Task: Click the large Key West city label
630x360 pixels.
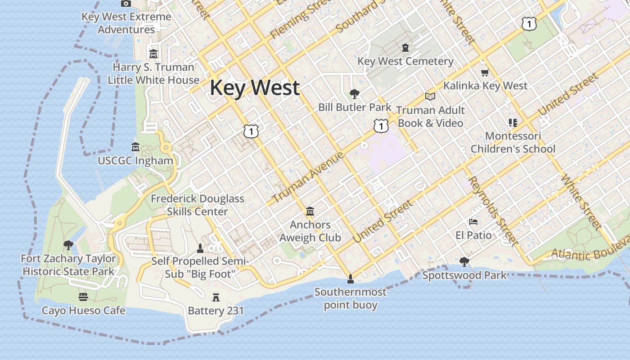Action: (255, 88)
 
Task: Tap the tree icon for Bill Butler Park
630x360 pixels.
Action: (355, 94)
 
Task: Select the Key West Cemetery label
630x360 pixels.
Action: (405, 61)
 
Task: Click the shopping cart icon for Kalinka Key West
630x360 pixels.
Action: (485, 72)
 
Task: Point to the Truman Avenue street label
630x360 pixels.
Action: (308, 177)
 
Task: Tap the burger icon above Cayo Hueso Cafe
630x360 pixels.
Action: (83, 297)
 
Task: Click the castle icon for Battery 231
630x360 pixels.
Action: (216, 297)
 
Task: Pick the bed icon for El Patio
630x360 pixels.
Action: (473, 221)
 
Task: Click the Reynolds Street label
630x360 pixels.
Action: (493, 211)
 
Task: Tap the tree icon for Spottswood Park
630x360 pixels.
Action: (464, 261)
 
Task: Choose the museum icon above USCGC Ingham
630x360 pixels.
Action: (135, 147)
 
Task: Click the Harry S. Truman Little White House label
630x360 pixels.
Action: (153, 74)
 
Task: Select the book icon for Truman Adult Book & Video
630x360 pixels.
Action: (430, 96)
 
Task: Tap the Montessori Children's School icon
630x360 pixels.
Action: (513, 122)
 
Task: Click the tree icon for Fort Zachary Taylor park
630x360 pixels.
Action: (68, 245)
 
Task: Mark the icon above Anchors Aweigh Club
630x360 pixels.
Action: (310, 211)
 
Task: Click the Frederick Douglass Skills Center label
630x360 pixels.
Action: (197, 205)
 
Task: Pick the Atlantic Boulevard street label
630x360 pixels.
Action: (589, 251)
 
